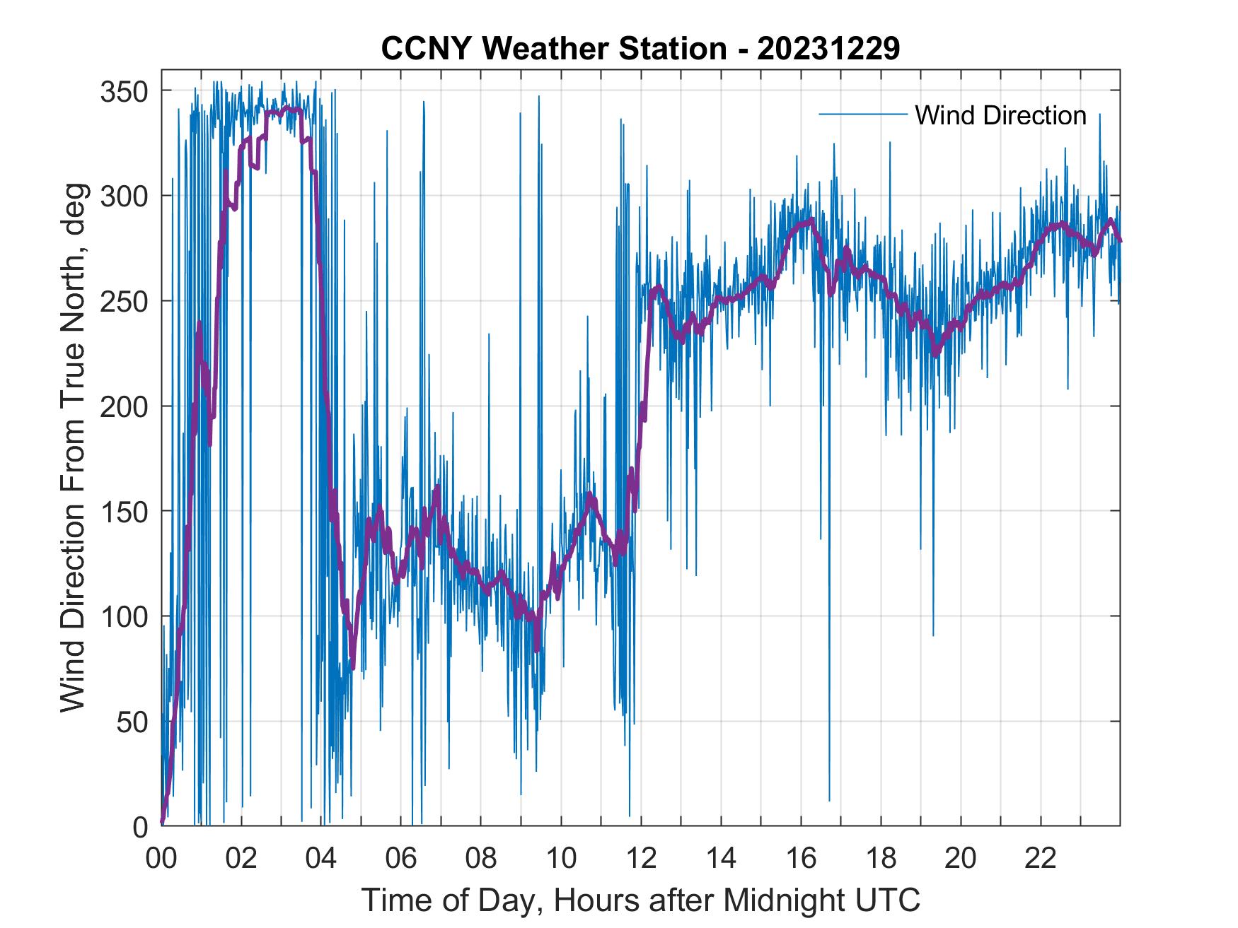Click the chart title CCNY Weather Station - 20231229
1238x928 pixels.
(x=640, y=49)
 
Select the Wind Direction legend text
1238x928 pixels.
(x=1000, y=115)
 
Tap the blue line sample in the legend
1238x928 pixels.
(x=862, y=114)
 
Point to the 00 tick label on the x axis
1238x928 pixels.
(x=161, y=858)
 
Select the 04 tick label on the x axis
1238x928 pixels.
(x=321, y=858)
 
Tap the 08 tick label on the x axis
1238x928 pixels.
(x=481, y=858)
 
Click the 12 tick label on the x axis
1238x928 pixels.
(x=641, y=858)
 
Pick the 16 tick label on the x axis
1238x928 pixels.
(x=801, y=858)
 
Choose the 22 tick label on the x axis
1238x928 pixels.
(x=1041, y=858)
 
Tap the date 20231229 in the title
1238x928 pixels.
(x=828, y=49)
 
